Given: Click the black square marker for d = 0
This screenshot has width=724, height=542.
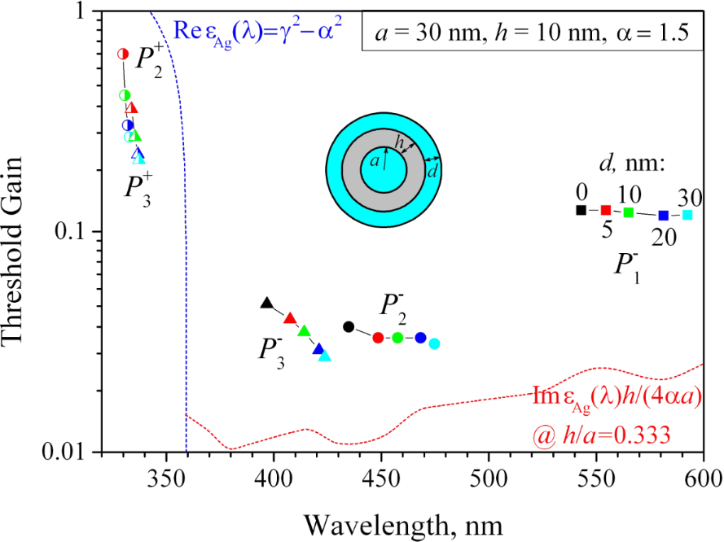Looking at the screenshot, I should point(581,210).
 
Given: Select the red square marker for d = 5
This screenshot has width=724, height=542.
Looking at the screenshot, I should point(606,210).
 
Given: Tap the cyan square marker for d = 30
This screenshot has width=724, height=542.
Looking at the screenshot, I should point(687,215).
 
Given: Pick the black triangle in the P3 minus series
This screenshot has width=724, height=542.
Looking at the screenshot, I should point(266,304).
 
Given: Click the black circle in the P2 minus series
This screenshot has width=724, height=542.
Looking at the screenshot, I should point(349,327).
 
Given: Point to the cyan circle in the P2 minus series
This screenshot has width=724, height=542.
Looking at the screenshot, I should point(434,343).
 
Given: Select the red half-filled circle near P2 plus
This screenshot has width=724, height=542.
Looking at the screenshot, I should point(123,54).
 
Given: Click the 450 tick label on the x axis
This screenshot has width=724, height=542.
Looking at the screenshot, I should point(381,474).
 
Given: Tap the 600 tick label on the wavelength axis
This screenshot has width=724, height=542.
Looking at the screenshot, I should point(702,474).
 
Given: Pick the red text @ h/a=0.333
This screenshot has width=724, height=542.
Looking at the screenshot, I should point(600,435).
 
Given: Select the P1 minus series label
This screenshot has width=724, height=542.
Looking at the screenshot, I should point(625,266).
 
